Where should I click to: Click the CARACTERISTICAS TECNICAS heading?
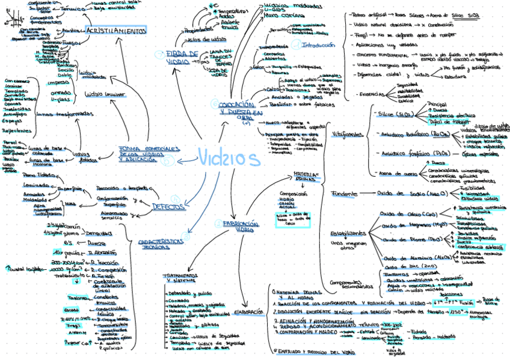(x=161, y=243)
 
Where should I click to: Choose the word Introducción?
(x=319, y=45)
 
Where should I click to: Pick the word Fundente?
(x=344, y=194)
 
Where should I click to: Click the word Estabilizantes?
(x=347, y=233)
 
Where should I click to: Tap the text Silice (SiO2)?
(x=392, y=114)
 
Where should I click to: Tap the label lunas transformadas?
(x=66, y=114)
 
